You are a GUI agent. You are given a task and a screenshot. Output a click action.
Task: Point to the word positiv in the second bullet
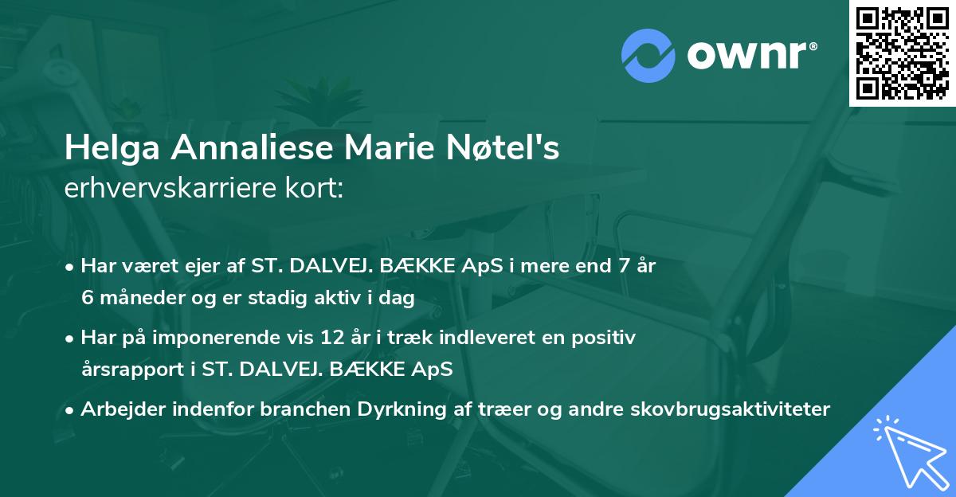(608, 338)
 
